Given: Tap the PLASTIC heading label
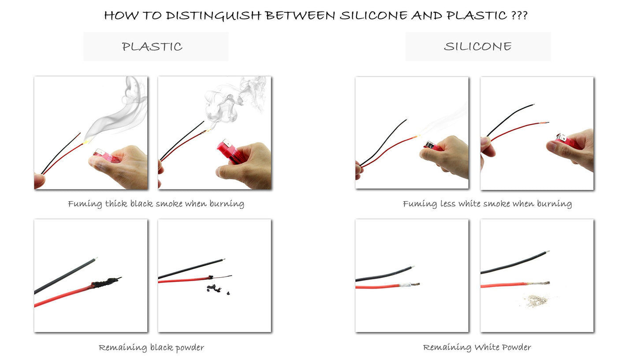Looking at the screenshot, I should (x=152, y=47).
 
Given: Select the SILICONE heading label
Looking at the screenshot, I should (x=477, y=47).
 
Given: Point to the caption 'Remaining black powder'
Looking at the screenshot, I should (x=151, y=348).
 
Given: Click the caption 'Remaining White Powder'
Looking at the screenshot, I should (x=477, y=348).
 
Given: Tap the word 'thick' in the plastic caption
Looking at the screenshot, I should (x=116, y=204).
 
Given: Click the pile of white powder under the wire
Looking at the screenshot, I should (x=536, y=301).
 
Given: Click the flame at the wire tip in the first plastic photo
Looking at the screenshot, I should (x=86, y=141).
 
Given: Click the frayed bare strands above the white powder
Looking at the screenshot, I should (x=540, y=283).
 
